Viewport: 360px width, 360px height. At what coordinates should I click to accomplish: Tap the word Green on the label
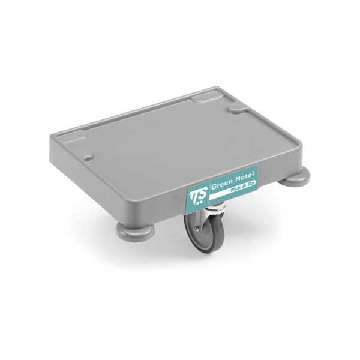pyautogui.click(x=221, y=184)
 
